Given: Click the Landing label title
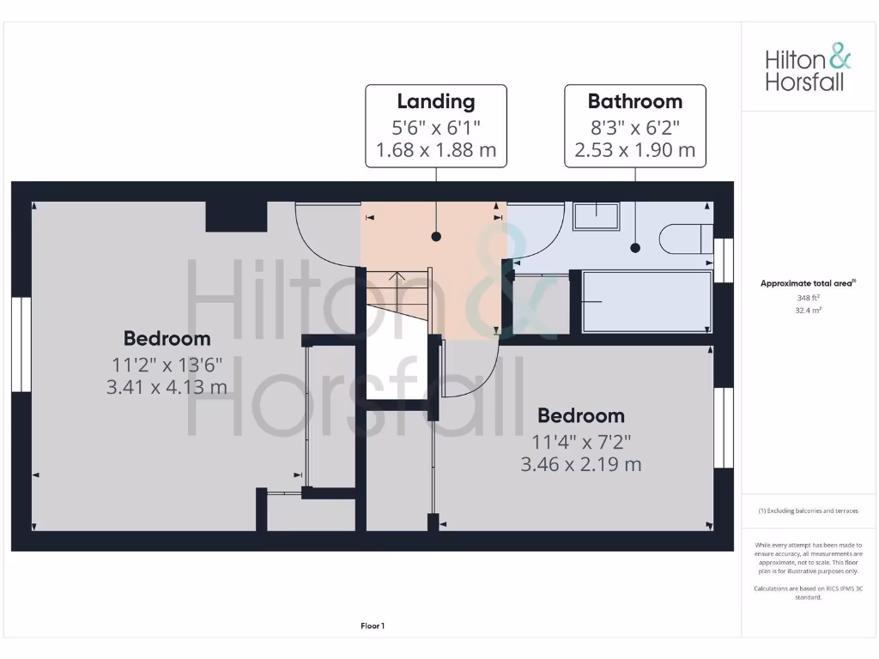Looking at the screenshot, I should pos(436,101).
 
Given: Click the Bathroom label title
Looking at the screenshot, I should pos(634,101).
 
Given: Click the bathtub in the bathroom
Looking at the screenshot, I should pos(646,301).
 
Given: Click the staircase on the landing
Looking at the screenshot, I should pos(397,293).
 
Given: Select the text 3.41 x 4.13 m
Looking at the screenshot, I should pos(167,387).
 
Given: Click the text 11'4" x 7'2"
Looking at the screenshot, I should pos(580,443).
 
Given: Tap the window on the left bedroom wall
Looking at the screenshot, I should pos(21,344).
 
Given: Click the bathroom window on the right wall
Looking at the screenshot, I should pos(724,260).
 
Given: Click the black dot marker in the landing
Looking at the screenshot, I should pos(436,236).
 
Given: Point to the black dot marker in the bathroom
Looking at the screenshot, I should pos(635,248).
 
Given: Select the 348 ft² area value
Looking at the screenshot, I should pos(808,298).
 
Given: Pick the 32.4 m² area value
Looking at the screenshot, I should pos(808,310).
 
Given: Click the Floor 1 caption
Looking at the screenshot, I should pos(373,626).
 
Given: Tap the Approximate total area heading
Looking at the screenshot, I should pos(808,283).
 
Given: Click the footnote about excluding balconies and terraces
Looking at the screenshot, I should pos(808,511).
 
